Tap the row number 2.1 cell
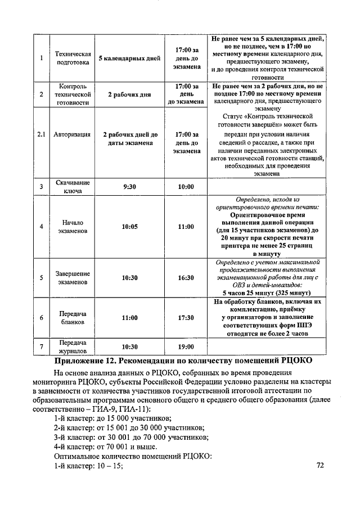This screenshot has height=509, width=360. pyautogui.click(x=41, y=135)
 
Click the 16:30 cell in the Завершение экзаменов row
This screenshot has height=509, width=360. pyautogui.click(x=186, y=278)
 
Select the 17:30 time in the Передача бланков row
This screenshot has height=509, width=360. pyautogui.click(x=186, y=318)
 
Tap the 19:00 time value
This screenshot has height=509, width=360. pyautogui.click(x=186, y=347)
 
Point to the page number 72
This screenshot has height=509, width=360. pyautogui.click(x=321, y=466)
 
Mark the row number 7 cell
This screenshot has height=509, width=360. pyautogui.click(x=41, y=347)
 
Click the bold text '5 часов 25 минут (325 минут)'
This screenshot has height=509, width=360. pyautogui.click(x=267, y=293)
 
